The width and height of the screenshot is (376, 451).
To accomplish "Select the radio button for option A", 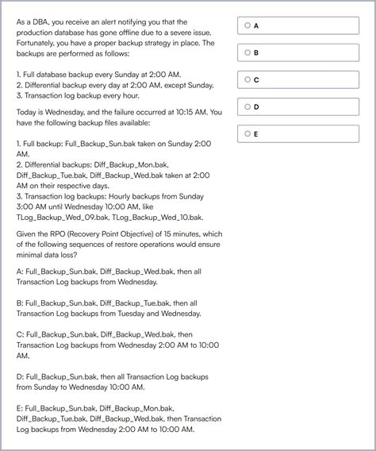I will pyautogui.click(x=247, y=25).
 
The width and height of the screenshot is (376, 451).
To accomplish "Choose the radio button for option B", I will pyautogui.click(x=247, y=52).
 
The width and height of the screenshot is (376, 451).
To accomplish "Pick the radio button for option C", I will pyautogui.click(x=247, y=79).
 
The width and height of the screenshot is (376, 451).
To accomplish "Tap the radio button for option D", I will pyautogui.click(x=247, y=106).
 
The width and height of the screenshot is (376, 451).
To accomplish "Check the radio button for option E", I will pyautogui.click(x=247, y=133).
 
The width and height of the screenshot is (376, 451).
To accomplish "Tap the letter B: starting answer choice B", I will pyautogui.click(x=20, y=303).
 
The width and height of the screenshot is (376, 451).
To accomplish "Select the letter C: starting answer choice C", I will pyautogui.click(x=20, y=334).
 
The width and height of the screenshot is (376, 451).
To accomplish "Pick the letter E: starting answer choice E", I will pyautogui.click(x=20, y=408).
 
